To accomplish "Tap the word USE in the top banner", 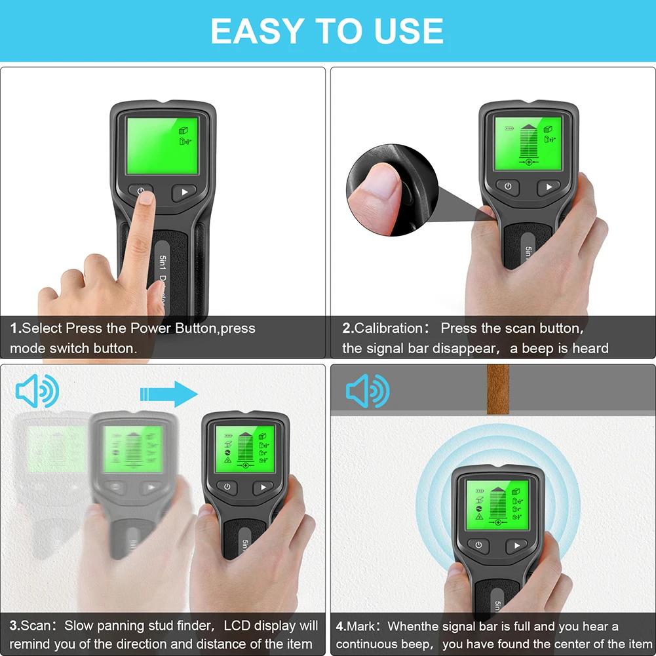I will coord(406,31).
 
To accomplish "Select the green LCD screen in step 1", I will coord(162,145).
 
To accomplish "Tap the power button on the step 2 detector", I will coord(507,187).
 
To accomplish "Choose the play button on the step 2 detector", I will coord(549,187).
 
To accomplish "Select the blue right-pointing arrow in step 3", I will coord(168,394).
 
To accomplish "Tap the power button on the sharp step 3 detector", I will coord(227,487).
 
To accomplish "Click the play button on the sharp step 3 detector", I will coord(263,487).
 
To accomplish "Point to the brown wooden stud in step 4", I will coord(498,389).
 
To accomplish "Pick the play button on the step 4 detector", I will coord(516,546).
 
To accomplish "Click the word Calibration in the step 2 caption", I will coord(389,328).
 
